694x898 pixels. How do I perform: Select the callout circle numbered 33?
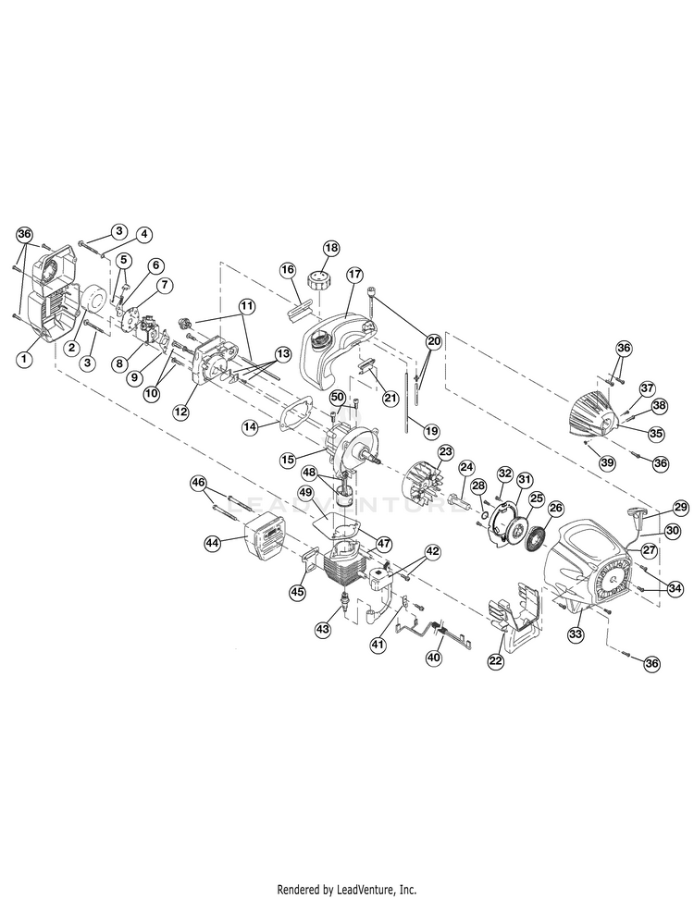click(576, 634)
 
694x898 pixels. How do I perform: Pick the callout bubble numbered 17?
click(353, 275)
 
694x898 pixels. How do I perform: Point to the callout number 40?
click(433, 658)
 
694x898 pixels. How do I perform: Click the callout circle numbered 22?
click(496, 660)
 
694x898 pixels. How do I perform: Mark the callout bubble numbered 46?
click(197, 482)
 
